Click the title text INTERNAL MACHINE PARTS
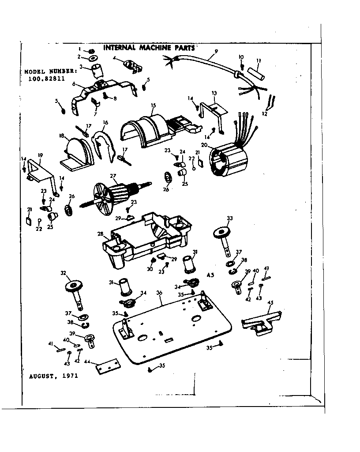pos(149,48)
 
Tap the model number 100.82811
pos(43,80)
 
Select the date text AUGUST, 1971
pos(53,377)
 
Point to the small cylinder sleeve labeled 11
pos(256,73)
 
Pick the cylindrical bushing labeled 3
pos(96,71)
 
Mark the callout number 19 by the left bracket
pos(40,155)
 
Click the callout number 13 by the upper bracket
pos(214,93)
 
